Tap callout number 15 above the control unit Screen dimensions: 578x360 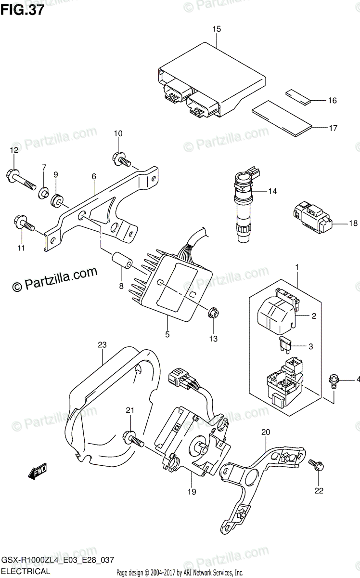coord(217,29)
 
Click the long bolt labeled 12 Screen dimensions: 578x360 coord(22,179)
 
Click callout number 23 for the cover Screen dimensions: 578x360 coord(102,345)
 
